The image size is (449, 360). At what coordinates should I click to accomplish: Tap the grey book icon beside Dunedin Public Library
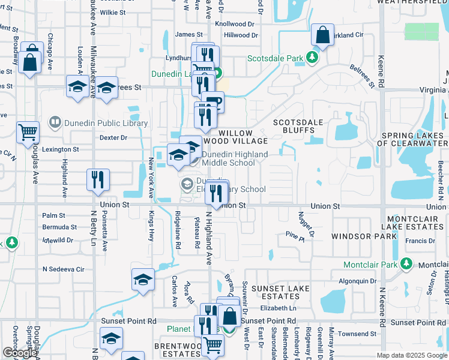tap(55, 123)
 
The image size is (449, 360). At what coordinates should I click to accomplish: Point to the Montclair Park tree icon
tap(407, 264)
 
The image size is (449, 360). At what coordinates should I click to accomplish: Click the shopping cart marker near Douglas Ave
tap(28, 133)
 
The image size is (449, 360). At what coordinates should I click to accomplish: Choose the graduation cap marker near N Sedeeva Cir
tap(143, 280)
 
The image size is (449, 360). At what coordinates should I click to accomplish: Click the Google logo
tap(19, 353)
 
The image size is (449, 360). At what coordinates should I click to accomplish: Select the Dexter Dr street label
tap(113, 137)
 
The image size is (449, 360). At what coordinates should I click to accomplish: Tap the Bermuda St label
tap(59, 227)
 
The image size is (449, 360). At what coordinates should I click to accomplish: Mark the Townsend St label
tap(357, 334)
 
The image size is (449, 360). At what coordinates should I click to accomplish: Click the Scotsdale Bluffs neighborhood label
tap(298, 126)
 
